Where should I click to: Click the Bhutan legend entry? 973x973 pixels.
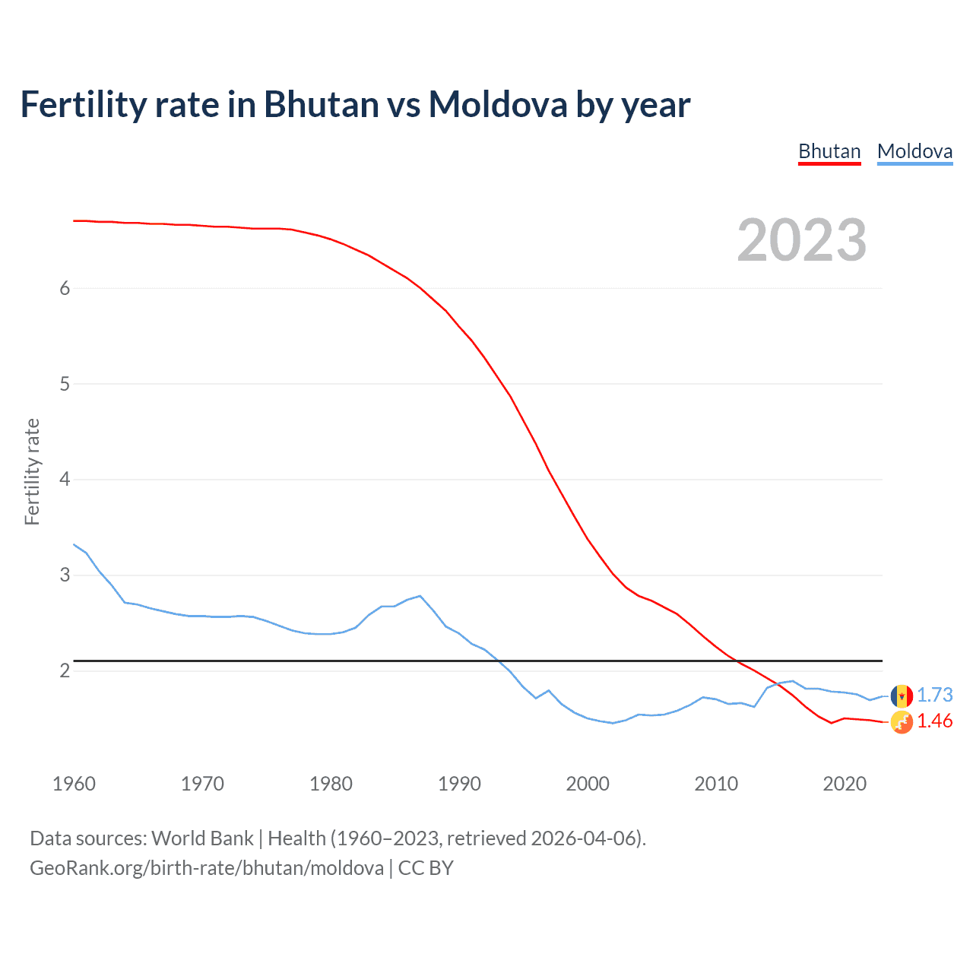click(829, 151)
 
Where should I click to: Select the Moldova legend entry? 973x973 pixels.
click(914, 151)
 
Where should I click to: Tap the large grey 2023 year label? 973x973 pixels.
click(801, 240)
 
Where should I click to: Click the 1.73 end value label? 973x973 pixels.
click(934, 695)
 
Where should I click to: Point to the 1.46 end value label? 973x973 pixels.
click(934, 721)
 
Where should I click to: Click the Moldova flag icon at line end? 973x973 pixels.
click(902, 695)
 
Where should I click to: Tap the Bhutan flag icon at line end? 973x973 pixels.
click(902, 722)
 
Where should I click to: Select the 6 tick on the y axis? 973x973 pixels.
click(65, 288)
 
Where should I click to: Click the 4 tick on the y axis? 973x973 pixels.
click(65, 479)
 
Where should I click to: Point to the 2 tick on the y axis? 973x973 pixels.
click(65, 670)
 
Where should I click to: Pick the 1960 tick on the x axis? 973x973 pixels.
click(74, 784)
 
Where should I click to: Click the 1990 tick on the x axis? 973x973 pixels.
click(459, 784)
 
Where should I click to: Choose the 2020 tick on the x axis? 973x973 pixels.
click(845, 784)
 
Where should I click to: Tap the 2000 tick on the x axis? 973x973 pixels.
click(588, 784)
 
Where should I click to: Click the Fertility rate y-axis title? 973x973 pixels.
click(32, 471)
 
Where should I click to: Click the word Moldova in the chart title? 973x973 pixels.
click(497, 104)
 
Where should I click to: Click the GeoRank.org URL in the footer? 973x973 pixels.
click(206, 868)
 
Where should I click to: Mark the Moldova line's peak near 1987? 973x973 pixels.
click(420, 596)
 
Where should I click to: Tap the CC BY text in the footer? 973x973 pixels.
click(426, 868)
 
